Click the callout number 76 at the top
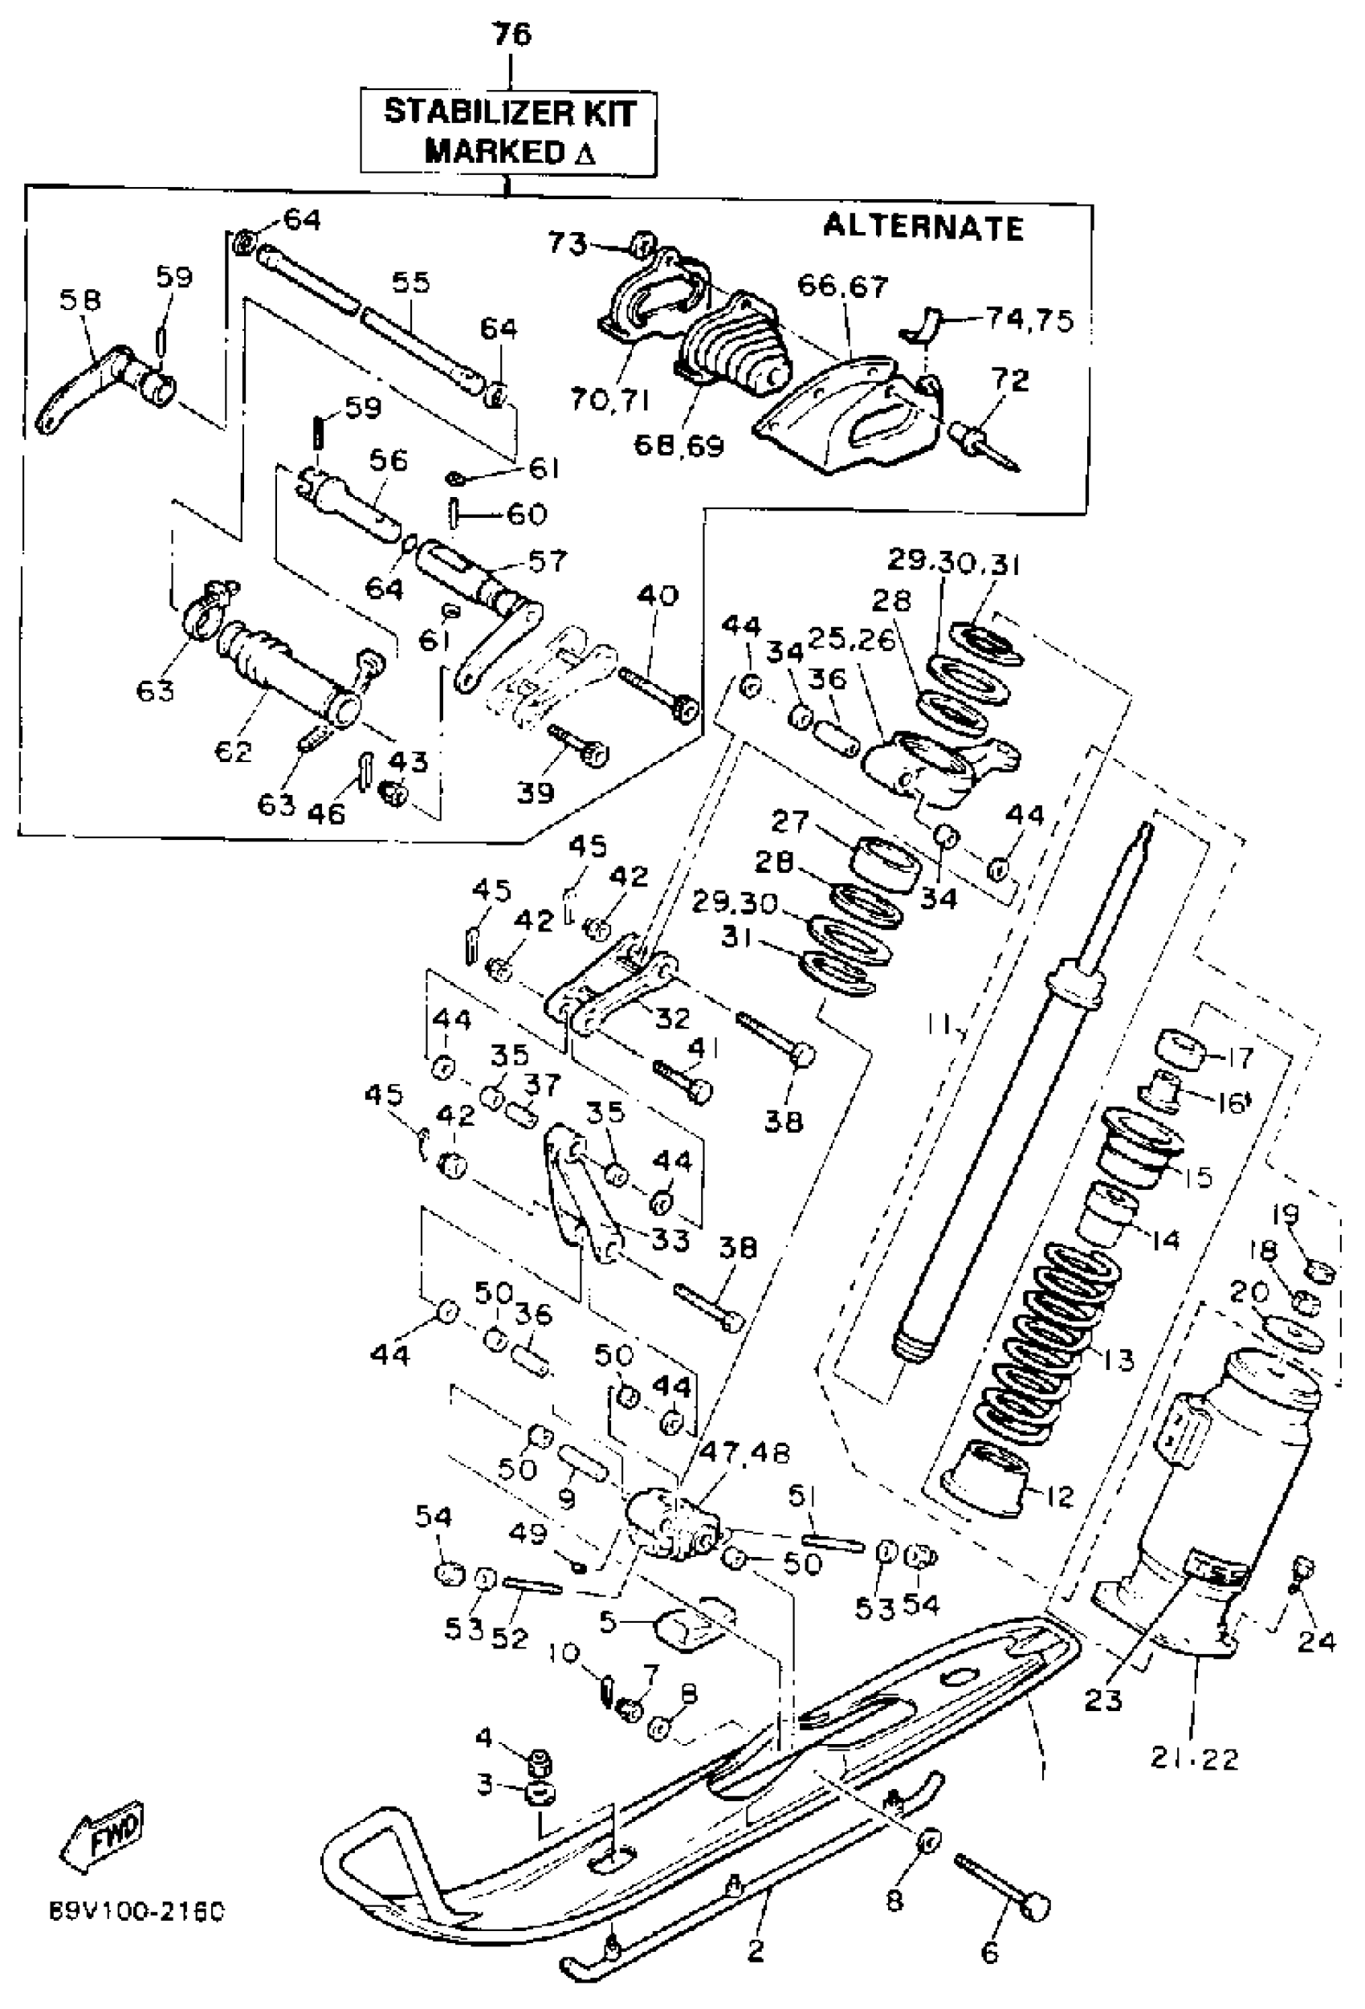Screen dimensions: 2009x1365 coord(511,35)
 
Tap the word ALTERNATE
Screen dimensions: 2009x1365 coord(923,226)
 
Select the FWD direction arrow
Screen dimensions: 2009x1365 coord(103,1831)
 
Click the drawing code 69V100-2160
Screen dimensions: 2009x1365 coord(136,1909)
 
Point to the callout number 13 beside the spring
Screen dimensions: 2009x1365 coord(1118,1359)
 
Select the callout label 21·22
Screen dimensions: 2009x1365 coord(1194,1758)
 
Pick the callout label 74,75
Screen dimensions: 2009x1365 coord(1029,320)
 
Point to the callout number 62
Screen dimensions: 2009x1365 coord(234,749)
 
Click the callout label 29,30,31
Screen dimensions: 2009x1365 coord(954,564)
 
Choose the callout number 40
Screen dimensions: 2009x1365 coord(658,596)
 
